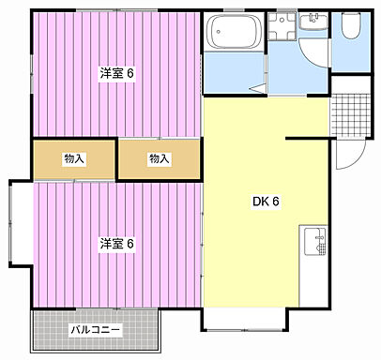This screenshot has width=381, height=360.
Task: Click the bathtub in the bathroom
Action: tap(236, 31)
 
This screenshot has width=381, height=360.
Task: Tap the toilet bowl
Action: tap(350, 25)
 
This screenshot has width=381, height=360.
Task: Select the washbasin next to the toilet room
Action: tap(312, 22)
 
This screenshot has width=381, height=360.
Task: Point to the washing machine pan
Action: tap(282, 26)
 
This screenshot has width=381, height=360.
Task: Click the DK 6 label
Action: tap(266, 202)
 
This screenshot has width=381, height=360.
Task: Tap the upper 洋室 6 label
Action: tap(116, 73)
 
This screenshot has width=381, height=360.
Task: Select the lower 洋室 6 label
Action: tap(116, 244)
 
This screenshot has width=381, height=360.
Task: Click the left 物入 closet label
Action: tap(74, 158)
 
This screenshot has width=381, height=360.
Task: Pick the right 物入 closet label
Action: tap(160, 158)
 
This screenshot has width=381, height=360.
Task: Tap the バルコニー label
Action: tap(95, 330)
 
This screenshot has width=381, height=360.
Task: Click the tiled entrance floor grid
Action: tap(350, 114)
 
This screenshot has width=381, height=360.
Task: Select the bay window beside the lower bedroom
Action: tap(21, 223)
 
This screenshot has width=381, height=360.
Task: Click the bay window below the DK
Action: tap(244, 320)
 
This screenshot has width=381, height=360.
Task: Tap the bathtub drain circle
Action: tap(218, 32)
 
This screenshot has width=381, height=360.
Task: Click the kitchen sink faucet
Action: tap(321, 238)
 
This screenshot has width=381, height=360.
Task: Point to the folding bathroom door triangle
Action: tap(258, 88)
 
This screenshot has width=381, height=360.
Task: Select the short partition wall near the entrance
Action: tap(307, 138)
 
